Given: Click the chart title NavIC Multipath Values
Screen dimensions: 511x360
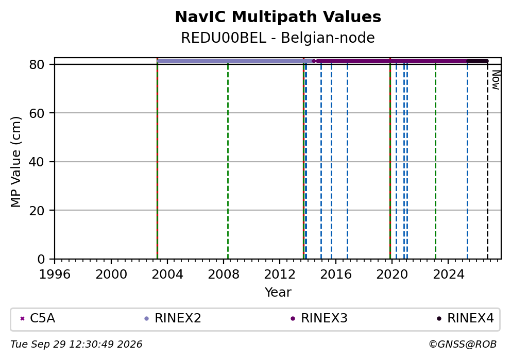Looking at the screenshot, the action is point(278,17).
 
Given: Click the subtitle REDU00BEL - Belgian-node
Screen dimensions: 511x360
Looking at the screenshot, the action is point(278,38).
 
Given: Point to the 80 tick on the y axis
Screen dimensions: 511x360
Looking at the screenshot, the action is point(37,64).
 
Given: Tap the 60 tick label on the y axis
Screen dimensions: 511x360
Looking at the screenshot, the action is point(37,113).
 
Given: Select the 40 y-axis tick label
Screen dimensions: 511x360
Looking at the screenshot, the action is point(37,162).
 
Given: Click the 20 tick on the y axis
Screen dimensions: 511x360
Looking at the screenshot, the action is point(37,210).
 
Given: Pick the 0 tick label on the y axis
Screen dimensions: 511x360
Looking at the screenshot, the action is point(41,259).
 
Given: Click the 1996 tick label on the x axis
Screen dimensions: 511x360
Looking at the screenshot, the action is point(55,275).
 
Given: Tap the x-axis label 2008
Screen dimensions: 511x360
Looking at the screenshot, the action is point(224,275).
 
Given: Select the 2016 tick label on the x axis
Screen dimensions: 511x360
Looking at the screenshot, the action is point(336,275).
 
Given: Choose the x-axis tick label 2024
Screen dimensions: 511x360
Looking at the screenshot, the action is point(449,275).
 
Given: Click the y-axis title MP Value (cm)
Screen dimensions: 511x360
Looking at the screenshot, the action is point(15,162).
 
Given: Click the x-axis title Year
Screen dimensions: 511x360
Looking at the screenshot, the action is point(278,292).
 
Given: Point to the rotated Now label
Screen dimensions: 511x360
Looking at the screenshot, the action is point(496,80).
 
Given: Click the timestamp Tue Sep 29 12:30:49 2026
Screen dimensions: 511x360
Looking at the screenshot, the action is point(76,345).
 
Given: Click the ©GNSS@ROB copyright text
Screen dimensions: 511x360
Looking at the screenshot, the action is point(463,345).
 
